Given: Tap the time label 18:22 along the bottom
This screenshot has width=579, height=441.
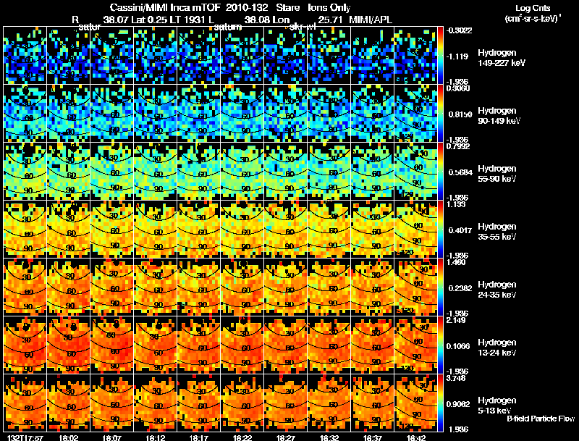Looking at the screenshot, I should click(x=243, y=437).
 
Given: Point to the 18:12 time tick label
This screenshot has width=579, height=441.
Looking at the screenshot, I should click(x=156, y=437).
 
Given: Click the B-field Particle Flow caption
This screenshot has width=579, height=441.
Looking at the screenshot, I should click(x=540, y=419).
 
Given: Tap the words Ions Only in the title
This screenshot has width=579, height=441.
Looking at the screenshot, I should click(x=329, y=7).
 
